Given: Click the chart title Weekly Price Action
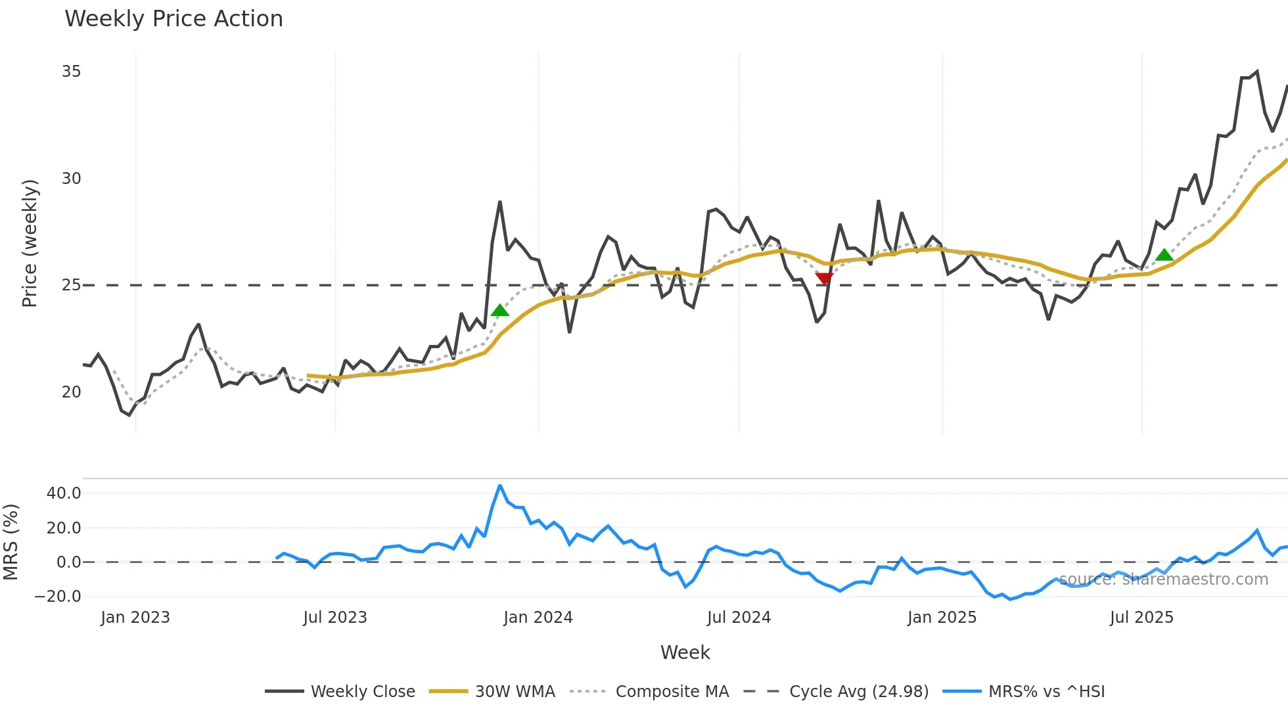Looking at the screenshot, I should point(173,19).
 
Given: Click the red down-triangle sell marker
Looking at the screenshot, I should point(824,279).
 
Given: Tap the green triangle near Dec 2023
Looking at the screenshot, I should point(500,311).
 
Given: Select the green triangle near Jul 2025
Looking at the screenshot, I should point(1164,255).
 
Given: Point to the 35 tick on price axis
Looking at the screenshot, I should point(71,72).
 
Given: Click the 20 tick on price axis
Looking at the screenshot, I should point(71,392).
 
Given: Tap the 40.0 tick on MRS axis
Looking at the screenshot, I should point(64,493).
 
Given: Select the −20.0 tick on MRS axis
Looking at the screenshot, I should point(58,597).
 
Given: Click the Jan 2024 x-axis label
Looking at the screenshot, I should point(538,618).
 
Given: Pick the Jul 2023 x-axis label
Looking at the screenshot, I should point(334,618).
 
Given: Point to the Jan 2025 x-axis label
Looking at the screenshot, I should point(942,618).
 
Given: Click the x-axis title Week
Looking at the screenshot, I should point(685,652).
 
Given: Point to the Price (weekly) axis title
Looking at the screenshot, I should point(30,243).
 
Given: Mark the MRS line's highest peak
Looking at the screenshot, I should point(500,486).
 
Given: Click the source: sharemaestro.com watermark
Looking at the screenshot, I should point(1163,579).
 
